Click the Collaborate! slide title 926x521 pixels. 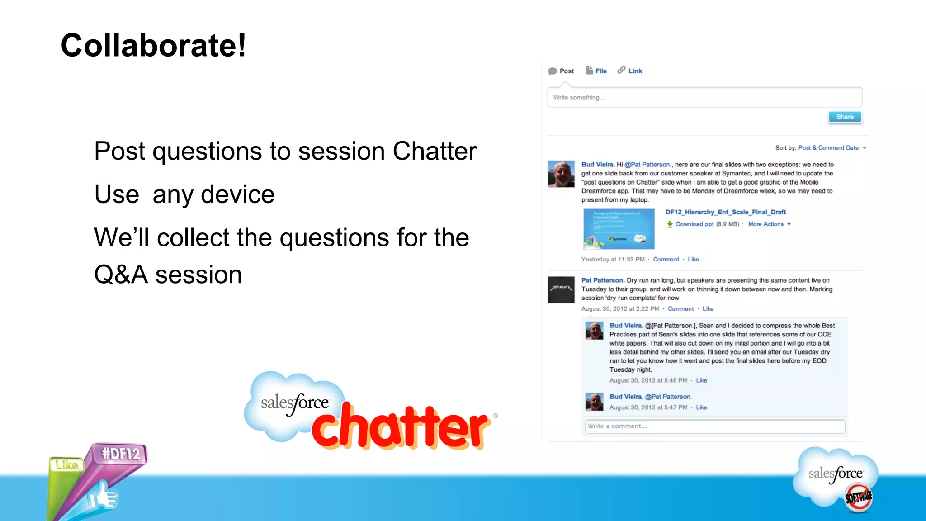click(x=154, y=46)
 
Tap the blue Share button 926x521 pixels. click(x=845, y=117)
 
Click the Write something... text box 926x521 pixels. click(x=704, y=97)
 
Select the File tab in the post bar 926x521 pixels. click(x=597, y=71)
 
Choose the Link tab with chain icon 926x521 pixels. click(x=630, y=71)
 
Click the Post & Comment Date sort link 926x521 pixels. click(x=828, y=148)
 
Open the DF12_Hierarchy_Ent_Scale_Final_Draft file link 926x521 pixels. click(x=725, y=212)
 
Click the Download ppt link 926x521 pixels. click(x=694, y=224)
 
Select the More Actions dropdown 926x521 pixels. click(x=769, y=224)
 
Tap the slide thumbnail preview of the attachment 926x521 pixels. click(x=619, y=229)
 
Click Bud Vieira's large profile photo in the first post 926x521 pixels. click(x=561, y=174)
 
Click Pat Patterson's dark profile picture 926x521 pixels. click(x=561, y=289)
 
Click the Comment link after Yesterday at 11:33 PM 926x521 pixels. click(x=666, y=259)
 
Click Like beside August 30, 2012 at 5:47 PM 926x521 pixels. click(x=701, y=407)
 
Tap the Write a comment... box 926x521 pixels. click(x=714, y=426)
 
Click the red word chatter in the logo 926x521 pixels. click(x=400, y=428)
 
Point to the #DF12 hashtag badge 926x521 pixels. click(x=120, y=454)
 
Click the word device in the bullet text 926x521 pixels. click(x=237, y=194)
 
